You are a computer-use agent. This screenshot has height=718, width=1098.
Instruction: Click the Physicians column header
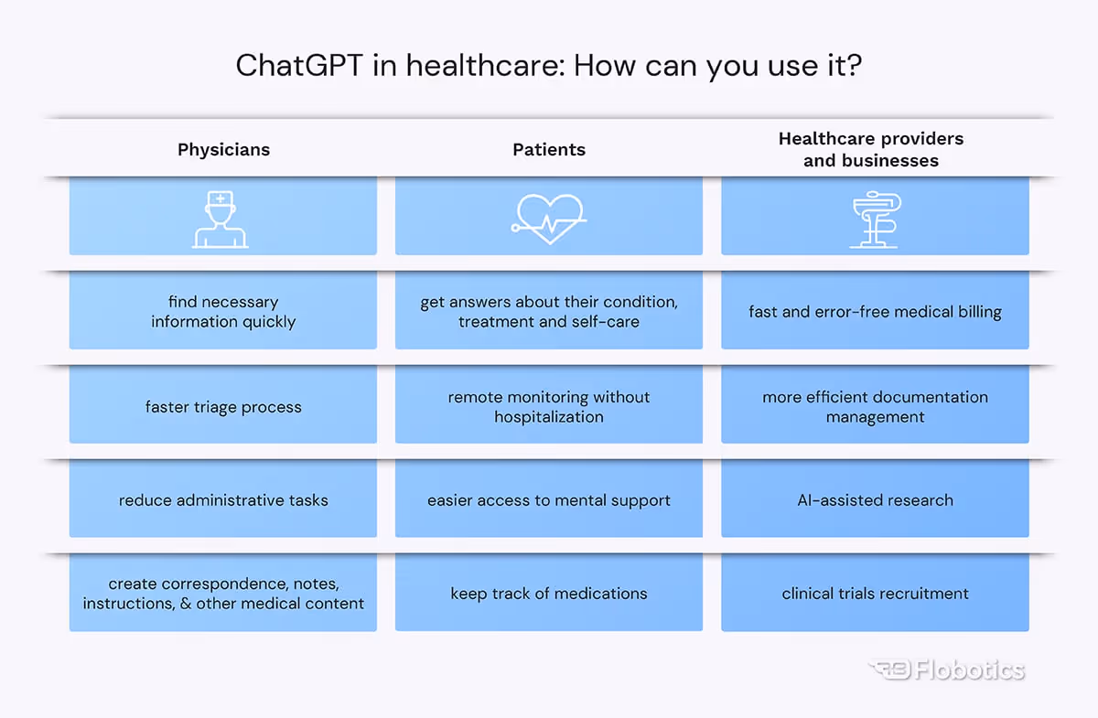[x=223, y=150]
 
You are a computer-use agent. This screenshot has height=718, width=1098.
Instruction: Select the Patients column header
[x=549, y=150]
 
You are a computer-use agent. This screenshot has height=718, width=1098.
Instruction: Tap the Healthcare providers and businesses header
[x=871, y=150]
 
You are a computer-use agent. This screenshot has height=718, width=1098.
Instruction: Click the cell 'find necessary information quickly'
[x=223, y=312]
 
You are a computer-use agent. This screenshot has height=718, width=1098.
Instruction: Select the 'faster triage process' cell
[x=223, y=407]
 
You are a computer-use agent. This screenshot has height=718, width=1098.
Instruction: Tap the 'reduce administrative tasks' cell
[x=223, y=500]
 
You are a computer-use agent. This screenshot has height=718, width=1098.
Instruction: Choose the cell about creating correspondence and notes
[x=223, y=594]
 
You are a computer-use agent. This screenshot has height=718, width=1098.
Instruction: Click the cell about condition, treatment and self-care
[x=549, y=312]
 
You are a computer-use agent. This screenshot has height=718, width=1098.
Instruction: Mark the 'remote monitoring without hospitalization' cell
[x=549, y=407]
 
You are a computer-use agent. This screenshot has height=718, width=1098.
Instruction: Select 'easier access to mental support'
[x=549, y=500]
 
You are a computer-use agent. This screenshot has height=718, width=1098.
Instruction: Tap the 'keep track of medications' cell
[x=549, y=594]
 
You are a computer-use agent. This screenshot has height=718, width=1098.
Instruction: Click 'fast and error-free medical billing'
[x=875, y=312]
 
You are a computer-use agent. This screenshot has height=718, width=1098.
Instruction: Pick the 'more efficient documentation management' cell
[x=875, y=407]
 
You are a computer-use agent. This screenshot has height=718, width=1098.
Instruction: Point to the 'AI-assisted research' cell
[x=875, y=500]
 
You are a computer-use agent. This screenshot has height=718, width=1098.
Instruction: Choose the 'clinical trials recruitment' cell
[x=875, y=594]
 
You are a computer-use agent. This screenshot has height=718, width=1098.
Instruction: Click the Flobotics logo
[x=946, y=670]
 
